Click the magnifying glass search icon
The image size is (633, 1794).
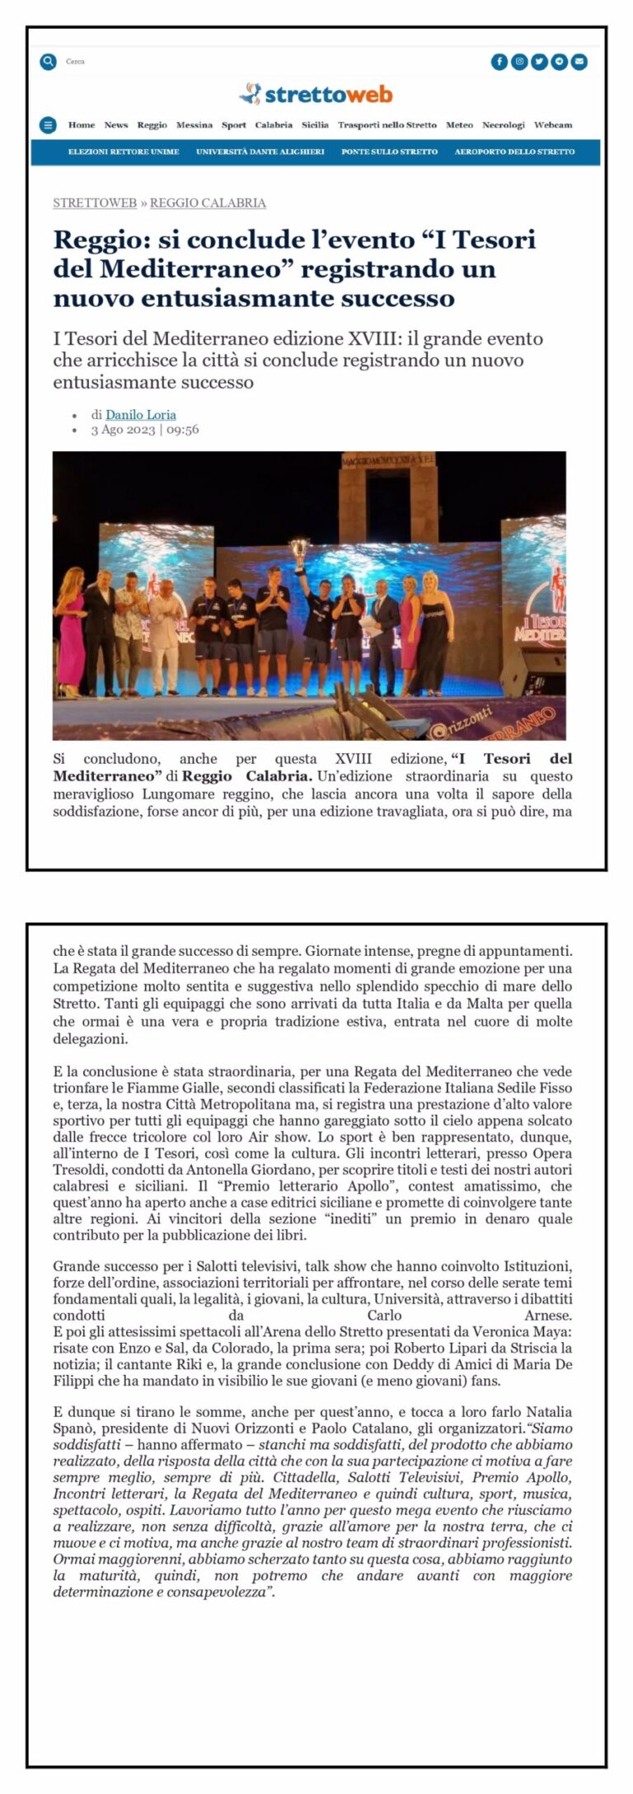[49, 61]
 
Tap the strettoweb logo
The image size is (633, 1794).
[316, 95]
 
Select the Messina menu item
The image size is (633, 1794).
[194, 125]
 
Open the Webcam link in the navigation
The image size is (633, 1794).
[552, 125]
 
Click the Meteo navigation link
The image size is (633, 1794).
[459, 125]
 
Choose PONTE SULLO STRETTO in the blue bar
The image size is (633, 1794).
[389, 152]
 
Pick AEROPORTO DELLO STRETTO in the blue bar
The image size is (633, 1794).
[514, 152]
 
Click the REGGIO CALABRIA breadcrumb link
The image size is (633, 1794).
[208, 203]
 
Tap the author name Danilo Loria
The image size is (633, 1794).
[140, 415]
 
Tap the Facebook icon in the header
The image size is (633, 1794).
[499, 61]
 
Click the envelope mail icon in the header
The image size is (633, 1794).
[579, 61]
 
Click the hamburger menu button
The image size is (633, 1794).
[49, 125]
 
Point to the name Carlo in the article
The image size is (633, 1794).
[384, 1316]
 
